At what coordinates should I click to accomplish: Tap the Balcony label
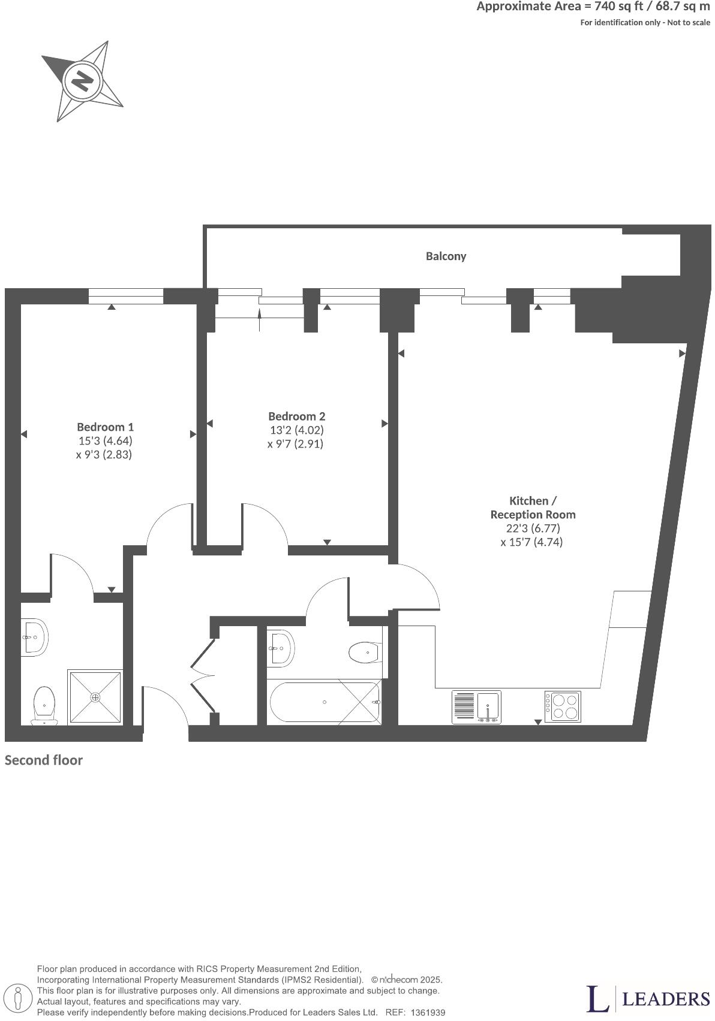click(446, 256)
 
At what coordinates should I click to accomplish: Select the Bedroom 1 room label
click(105, 427)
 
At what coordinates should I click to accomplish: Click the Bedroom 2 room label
click(296, 416)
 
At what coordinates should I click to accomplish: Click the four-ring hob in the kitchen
click(563, 706)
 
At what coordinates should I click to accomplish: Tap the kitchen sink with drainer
click(476, 707)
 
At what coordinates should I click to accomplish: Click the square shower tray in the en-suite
click(96, 697)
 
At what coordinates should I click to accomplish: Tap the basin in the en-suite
click(35, 637)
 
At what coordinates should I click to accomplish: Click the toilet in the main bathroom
click(365, 653)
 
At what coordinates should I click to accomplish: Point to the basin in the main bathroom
click(280, 648)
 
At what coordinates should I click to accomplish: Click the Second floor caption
click(44, 760)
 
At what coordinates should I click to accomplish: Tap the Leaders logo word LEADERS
click(666, 999)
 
